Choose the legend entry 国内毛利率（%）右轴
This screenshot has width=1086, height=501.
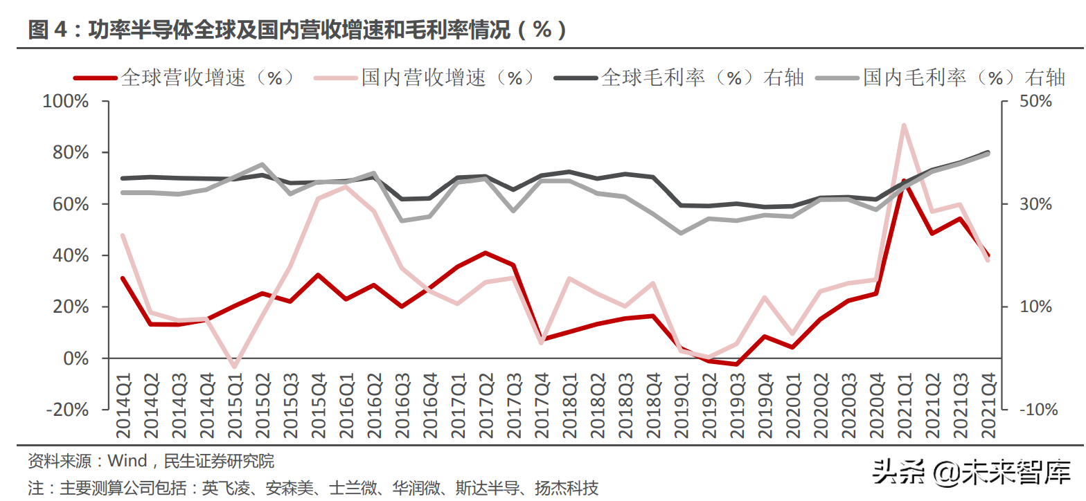click(x=963, y=78)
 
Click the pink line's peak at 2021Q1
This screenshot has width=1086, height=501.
click(x=904, y=125)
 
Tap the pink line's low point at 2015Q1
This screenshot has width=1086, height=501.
click(x=234, y=367)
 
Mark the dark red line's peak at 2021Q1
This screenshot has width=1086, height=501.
click(x=904, y=181)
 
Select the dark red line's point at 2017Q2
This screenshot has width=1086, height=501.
click(x=486, y=253)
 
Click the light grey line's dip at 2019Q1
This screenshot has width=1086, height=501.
click(x=681, y=233)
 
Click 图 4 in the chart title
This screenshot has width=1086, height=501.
click(x=48, y=30)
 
